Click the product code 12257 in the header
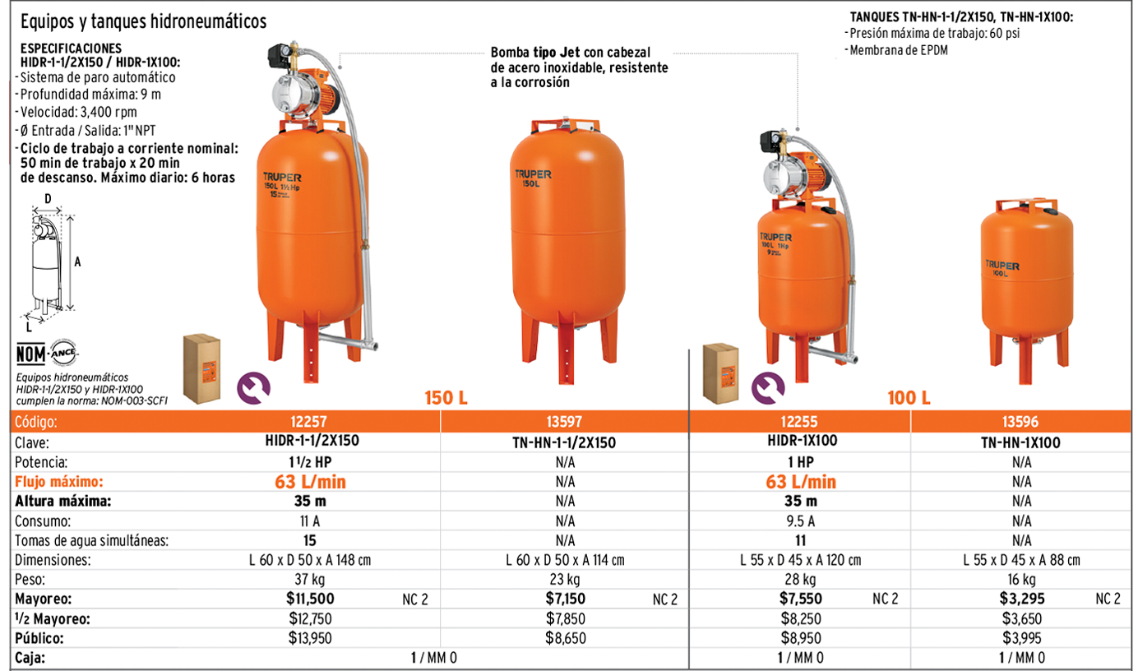308,422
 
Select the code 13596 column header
1020,422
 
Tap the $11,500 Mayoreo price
310,599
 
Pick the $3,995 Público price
1022,637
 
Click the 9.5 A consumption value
800,521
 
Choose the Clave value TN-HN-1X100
1020,442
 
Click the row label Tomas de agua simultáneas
91,540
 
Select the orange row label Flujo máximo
59,482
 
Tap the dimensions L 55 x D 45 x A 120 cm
800,560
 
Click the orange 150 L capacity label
446,398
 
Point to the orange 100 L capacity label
909,398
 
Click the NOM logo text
30,354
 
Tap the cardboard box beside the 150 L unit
201,368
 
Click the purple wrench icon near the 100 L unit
768,388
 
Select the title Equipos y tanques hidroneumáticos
143,21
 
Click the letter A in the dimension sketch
77,261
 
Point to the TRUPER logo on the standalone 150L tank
533,174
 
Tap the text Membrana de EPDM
898,50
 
